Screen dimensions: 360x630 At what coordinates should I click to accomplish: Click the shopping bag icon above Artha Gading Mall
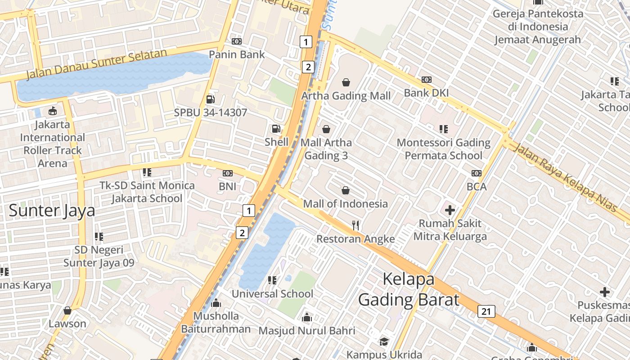point(346,82)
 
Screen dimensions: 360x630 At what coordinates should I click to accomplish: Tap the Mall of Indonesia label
point(345,204)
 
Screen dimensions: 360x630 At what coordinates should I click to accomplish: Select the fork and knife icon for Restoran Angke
point(355,225)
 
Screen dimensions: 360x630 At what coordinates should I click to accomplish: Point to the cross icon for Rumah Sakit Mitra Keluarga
point(450,210)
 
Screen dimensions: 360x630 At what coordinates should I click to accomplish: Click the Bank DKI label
point(426,93)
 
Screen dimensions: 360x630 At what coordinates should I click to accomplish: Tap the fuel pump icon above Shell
point(276,129)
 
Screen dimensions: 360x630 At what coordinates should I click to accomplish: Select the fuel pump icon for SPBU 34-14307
point(210,99)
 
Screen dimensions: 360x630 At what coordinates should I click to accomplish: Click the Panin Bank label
point(237,54)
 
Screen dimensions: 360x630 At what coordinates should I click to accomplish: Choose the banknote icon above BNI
point(228,173)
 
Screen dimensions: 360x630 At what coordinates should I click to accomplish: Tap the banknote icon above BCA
point(477,173)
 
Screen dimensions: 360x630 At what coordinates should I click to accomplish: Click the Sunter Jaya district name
point(52,211)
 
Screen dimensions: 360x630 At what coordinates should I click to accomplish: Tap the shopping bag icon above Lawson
point(67,310)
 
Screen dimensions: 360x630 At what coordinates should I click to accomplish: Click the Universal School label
point(272,294)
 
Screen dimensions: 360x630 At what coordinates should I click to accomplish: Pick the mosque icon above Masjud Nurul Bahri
point(307,318)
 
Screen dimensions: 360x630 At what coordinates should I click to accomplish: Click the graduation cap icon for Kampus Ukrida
point(384,342)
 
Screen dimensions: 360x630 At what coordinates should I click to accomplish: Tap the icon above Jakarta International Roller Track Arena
point(53,111)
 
